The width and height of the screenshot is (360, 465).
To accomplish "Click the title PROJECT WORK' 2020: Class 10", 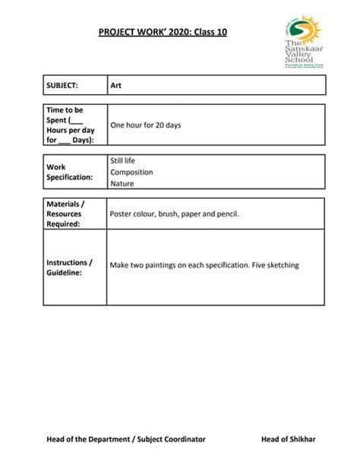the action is [x=163, y=33].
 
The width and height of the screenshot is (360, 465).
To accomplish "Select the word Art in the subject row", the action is [x=116, y=85].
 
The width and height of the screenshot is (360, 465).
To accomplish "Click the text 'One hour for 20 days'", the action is [x=146, y=125].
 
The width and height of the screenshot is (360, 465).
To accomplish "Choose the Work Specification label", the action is [x=70, y=172].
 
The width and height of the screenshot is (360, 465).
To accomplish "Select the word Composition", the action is [x=131, y=172].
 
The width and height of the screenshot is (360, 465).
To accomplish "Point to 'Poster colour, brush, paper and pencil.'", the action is [x=175, y=214].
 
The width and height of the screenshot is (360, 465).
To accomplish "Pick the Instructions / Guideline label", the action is [x=70, y=267].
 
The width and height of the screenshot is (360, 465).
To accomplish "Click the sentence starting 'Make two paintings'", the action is [x=204, y=265].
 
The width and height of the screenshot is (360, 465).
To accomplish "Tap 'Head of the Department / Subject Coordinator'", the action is [x=125, y=438].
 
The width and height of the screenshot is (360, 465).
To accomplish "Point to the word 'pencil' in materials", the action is [x=226, y=214].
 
